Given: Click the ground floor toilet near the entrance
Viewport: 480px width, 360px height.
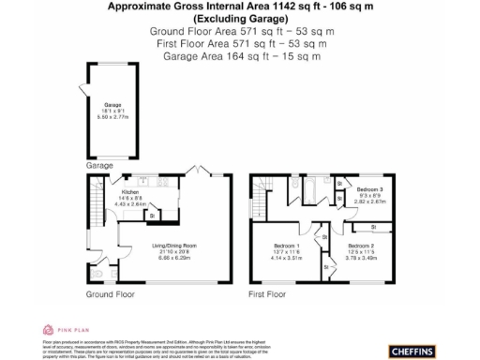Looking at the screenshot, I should (x=97, y=275).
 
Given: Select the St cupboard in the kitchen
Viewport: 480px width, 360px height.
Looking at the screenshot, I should (x=151, y=216).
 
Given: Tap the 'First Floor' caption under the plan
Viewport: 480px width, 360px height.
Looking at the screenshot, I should (x=267, y=294).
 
